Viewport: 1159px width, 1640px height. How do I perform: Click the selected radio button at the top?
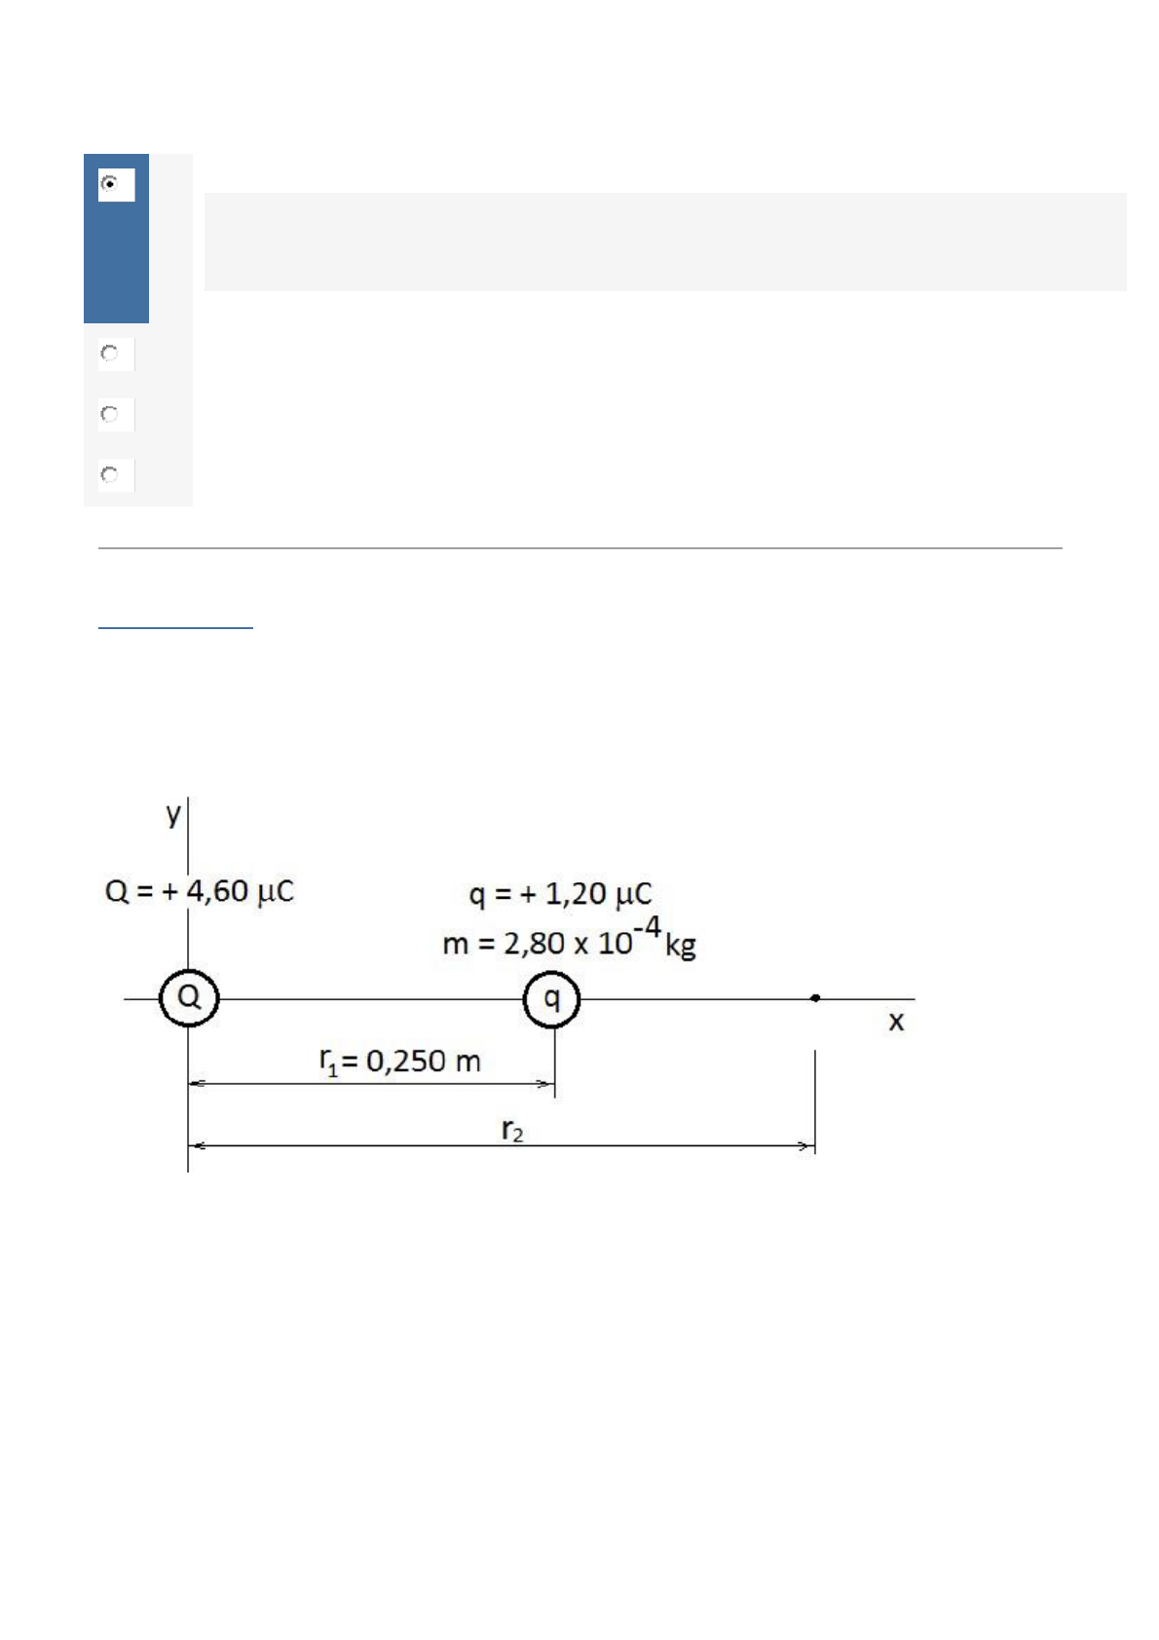(x=109, y=183)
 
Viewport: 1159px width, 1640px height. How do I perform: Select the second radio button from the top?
(x=109, y=354)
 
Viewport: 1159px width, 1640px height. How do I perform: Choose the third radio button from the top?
(x=109, y=415)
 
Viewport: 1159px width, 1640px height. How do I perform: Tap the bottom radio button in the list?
(x=109, y=475)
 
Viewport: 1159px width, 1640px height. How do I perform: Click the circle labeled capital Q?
(x=189, y=971)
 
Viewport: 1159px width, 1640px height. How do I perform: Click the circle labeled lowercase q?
(x=552, y=972)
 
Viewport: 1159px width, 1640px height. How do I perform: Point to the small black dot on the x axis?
(x=815, y=998)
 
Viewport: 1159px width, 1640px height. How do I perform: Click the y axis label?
(x=173, y=813)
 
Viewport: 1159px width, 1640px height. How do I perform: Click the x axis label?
(x=896, y=1022)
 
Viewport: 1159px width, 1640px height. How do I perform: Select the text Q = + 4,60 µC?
(x=199, y=892)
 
